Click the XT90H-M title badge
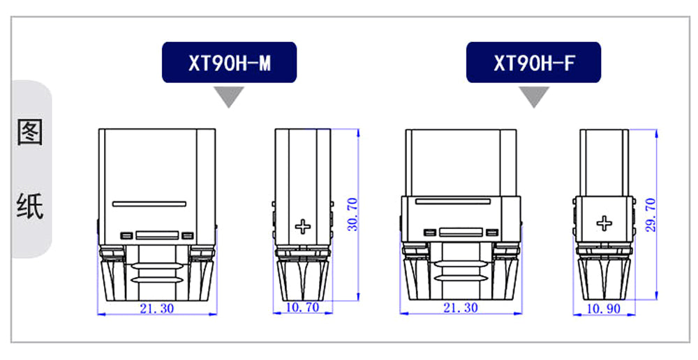coord(229,62)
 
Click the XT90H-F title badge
coord(533,62)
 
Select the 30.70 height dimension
coord(352,214)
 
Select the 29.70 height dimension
coord(651,215)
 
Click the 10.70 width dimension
coord(303,308)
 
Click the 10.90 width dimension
coord(604,309)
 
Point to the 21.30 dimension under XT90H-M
coord(156,308)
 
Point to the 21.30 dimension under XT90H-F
coord(461,308)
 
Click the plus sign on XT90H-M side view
coord(303,227)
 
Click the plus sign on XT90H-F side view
coord(604,223)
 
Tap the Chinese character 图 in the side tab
coord(30,132)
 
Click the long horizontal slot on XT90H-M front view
coord(149,204)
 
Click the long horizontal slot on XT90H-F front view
coord(453,201)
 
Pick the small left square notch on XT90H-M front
coord(126,235)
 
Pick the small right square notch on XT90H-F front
coord(492,232)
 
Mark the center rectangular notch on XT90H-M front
coord(157,235)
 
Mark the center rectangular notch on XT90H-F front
coord(461,232)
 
